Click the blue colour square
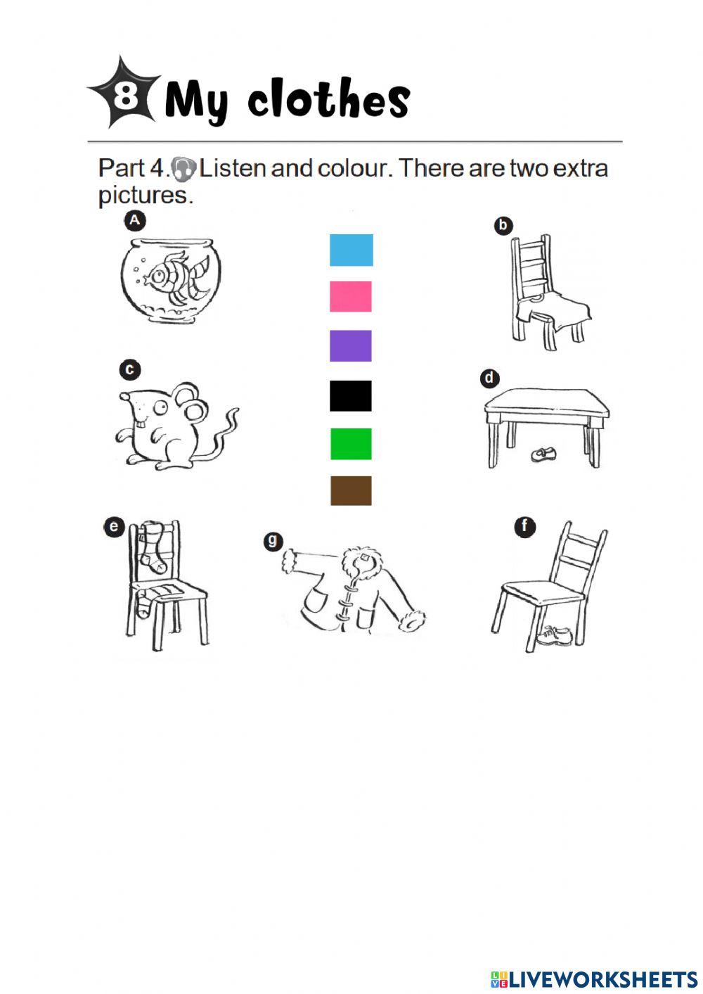coord(351,250)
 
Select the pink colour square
coord(350,296)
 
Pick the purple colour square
coord(350,345)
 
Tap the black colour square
coord(350,395)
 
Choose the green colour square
coord(350,444)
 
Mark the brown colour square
coord(350,490)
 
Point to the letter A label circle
coord(134,220)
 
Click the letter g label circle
coord(273,541)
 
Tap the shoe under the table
coord(541,454)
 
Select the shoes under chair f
coord(555,636)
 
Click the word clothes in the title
coord(328,100)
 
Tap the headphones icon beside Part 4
coord(183,169)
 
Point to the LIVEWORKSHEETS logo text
coord(601,979)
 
